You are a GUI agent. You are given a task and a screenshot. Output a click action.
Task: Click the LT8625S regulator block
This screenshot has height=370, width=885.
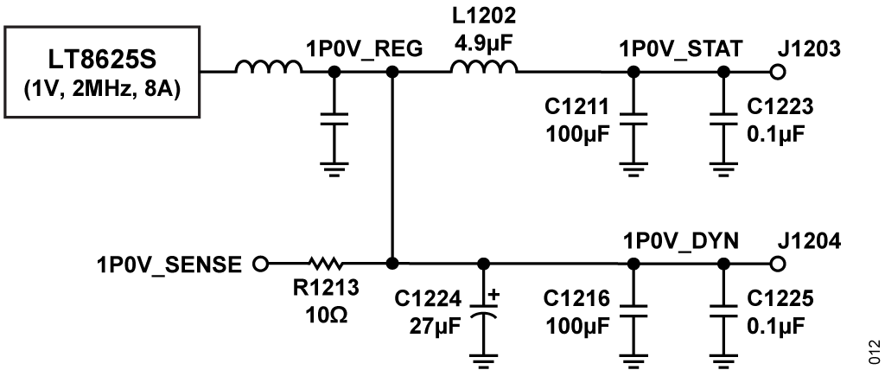click(103, 73)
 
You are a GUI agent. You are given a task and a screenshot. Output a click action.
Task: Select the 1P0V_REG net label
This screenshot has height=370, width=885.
click(363, 50)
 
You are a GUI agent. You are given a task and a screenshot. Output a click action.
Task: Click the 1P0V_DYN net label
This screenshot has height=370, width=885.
click(679, 241)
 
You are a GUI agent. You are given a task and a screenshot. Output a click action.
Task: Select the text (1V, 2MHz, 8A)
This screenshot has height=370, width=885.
click(103, 87)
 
